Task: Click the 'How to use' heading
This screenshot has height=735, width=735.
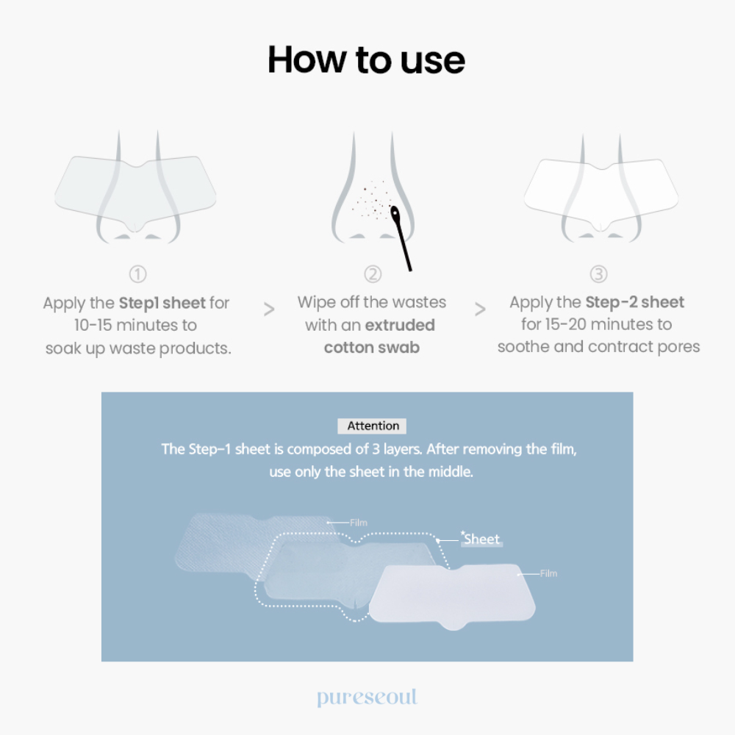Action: pos(366,60)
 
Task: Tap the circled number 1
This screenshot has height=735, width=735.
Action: pos(138,274)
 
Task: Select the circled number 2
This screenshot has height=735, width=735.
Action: pos(373,274)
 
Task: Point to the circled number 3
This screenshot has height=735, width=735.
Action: pos(598,273)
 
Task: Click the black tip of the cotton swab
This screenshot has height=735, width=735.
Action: pos(395,214)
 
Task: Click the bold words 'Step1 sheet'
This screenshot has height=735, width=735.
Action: pos(162,304)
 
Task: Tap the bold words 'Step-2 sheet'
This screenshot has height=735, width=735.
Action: pos(635,302)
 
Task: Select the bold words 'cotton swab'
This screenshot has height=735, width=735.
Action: pos(372,348)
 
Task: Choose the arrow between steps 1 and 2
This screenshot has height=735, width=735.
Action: pos(269,309)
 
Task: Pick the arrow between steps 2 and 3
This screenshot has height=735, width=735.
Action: pos(480,309)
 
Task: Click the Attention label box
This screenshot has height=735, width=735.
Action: pos(372,426)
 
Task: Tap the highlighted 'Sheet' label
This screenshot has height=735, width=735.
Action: pos(481,539)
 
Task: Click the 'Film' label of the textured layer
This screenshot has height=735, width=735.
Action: pos(359,523)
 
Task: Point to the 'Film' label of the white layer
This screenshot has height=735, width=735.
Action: pos(548,573)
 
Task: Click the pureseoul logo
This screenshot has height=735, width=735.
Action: pos(367,697)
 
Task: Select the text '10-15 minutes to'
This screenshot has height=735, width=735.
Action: pos(135,325)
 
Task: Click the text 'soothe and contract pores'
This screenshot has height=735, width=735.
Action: pos(598,347)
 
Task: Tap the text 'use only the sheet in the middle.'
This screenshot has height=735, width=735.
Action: pos(371,472)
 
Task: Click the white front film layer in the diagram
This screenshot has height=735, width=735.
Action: pos(452,595)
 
